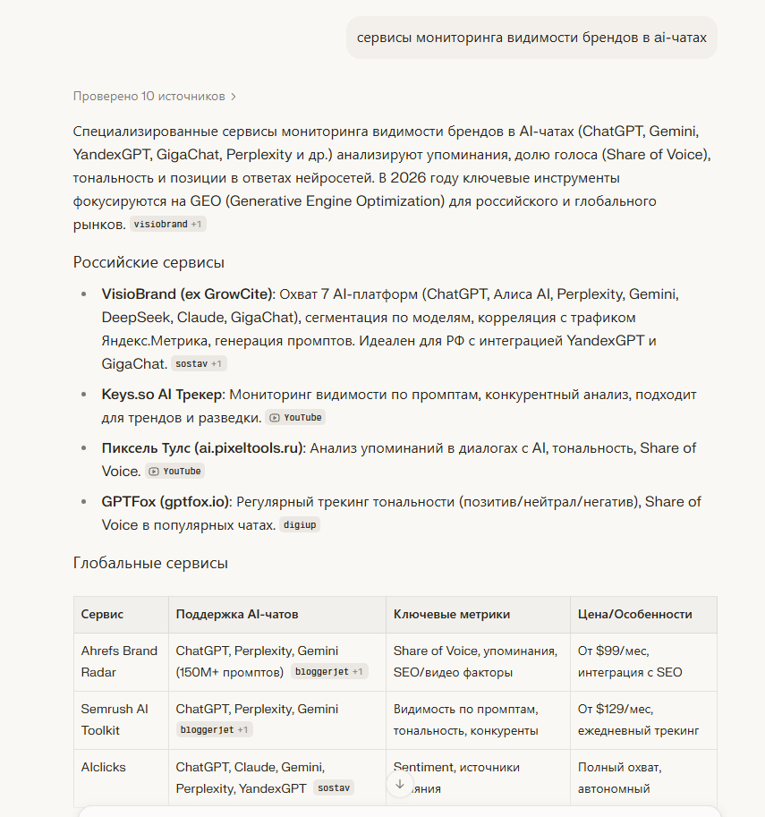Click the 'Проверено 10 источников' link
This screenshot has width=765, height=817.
tap(154, 96)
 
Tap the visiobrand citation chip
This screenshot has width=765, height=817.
tap(167, 224)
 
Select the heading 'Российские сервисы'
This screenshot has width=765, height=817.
tap(149, 262)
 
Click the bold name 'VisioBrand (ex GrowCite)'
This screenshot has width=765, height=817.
tap(190, 294)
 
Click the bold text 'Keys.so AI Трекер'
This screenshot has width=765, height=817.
tap(163, 395)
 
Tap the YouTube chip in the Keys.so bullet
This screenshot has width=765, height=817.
tap(294, 418)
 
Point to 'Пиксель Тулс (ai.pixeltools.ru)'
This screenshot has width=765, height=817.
tap(203, 448)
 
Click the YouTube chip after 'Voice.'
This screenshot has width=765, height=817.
tap(174, 472)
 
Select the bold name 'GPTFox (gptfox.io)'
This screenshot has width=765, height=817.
tap(166, 502)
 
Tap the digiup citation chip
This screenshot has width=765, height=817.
tap(300, 525)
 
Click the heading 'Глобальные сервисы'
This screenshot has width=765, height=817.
tap(150, 563)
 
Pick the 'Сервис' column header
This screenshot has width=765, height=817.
tap(103, 615)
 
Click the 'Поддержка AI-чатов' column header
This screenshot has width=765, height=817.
tap(237, 615)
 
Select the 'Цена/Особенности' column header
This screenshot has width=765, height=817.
tap(635, 615)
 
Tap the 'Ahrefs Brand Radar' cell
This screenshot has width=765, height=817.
tap(119, 661)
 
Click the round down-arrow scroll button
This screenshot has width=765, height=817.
tap(400, 784)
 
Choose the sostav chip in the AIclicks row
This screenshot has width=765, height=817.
tap(333, 788)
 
